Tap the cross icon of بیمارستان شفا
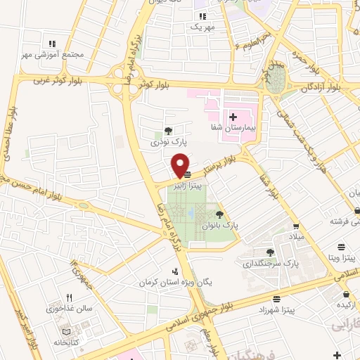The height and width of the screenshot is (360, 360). (233, 115)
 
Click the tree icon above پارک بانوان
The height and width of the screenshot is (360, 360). (220, 214)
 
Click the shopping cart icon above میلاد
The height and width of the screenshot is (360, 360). (297, 226)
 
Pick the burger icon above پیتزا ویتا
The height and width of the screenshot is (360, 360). (341, 246)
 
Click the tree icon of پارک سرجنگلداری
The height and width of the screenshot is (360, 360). (271, 252)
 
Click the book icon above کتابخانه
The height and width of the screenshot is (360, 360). (65, 330)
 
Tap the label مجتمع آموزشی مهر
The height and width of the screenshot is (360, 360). (53, 54)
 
